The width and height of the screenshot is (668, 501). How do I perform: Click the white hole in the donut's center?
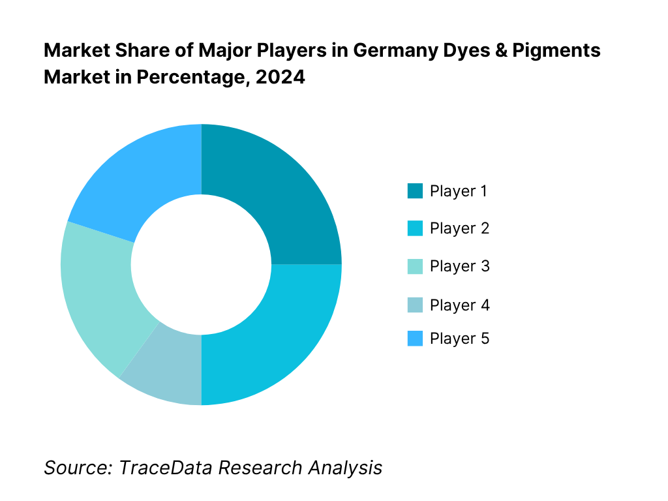click(201, 264)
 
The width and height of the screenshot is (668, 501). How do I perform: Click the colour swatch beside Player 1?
click(415, 191)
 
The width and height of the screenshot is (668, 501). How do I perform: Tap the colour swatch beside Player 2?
click(415, 228)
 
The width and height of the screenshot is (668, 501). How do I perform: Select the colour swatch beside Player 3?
click(415, 266)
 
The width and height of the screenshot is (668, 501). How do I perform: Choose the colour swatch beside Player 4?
click(415, 305)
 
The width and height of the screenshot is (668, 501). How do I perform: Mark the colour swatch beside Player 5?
click(415, 339)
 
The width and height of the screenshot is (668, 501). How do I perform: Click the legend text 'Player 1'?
click(459, 191)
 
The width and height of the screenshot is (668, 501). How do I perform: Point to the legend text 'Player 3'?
click(459, 266)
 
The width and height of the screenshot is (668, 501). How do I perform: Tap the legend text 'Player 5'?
click(459, 339)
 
